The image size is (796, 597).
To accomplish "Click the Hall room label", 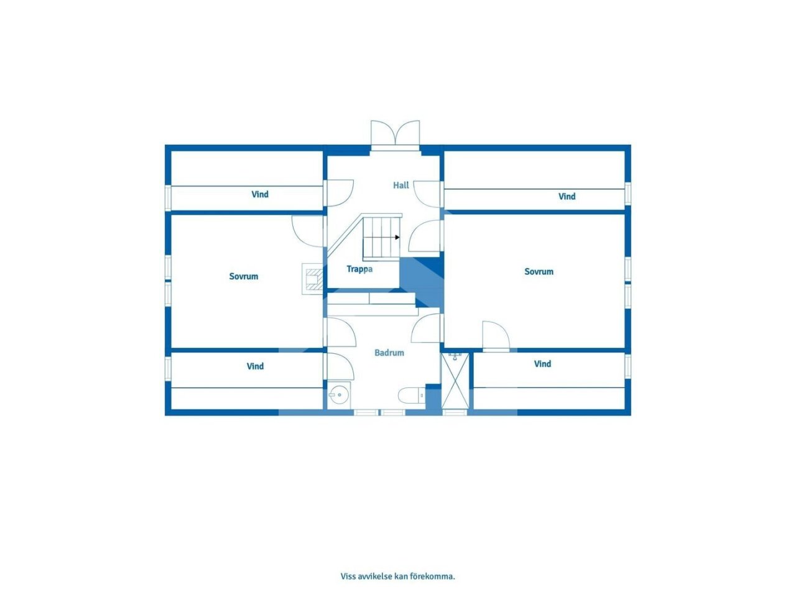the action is click(400, 185).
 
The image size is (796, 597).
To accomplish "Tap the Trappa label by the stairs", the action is click(359, 269).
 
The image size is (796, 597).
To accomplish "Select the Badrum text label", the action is click(389, 353).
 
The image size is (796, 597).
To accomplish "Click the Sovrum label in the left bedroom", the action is click(243, 277).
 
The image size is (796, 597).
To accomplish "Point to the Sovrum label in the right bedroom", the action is click(539, 272).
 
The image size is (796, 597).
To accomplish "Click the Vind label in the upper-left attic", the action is click(260, 194).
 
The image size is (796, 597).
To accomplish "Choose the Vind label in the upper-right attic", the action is click(567, 197).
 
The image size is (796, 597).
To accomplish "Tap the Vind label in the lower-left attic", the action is click(255, 366).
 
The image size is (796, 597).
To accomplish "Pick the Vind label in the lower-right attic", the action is click(542, 364).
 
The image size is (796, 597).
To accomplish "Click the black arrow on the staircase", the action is click(397, 238).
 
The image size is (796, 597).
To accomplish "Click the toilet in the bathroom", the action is click(411, 396).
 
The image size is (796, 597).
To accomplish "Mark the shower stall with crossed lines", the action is click(455, 381).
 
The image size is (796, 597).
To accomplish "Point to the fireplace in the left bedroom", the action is click(312, 279).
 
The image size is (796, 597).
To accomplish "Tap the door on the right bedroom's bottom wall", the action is click(496, 336).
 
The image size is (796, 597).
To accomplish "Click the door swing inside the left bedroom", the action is click(307, 231).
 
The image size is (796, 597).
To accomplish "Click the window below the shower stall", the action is click(455, 412).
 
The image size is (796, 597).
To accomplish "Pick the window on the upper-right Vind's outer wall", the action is click(627, 195).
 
